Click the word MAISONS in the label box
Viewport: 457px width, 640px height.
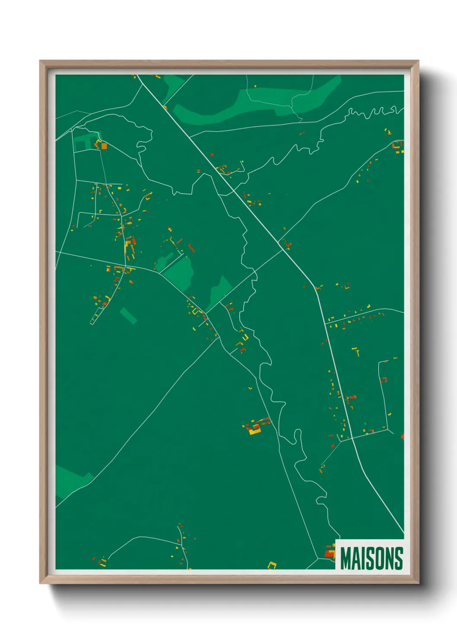[371, 558]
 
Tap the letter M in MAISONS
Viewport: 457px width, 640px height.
[346, 558]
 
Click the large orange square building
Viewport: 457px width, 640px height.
[104, 146]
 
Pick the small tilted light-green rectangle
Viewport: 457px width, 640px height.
[128, 316]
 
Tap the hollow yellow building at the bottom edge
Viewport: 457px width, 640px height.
[272, 565]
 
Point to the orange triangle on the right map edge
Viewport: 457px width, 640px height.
[402, 437]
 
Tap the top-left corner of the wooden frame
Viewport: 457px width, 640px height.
[40, 61]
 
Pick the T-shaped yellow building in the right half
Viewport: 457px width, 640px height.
[356, 351]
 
